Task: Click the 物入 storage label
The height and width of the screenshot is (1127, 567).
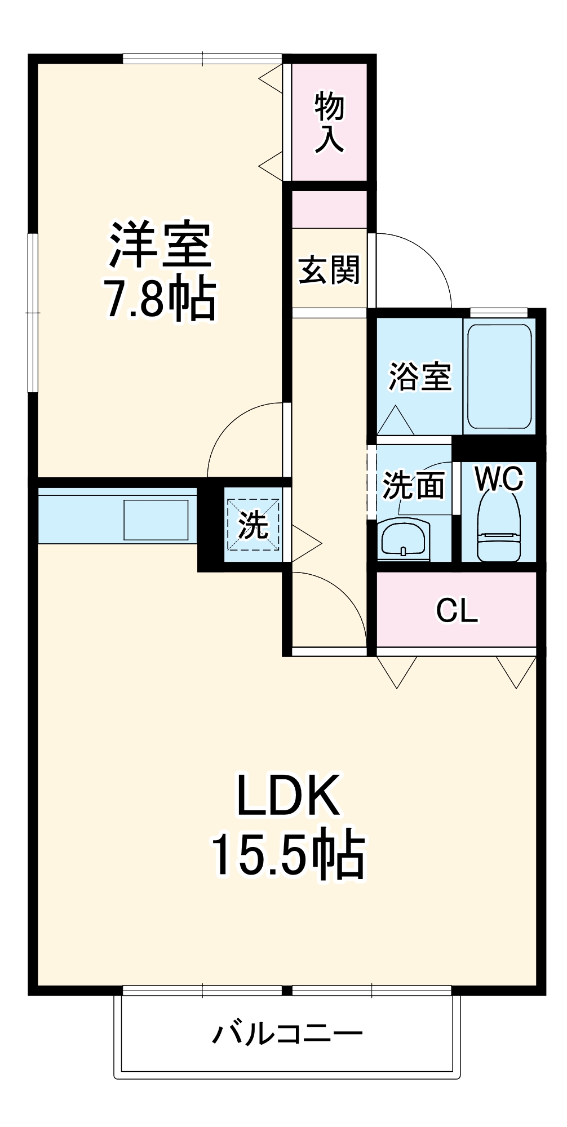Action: click(329, 122)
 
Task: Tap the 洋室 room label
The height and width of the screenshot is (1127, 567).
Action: click(161, 246)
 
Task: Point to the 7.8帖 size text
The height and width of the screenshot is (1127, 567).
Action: click(161, 299)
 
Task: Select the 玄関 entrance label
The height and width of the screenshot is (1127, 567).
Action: click(329, 270)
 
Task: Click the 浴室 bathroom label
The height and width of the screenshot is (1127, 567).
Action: click(420, 376)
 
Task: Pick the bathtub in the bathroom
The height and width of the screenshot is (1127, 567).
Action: click(499, 376)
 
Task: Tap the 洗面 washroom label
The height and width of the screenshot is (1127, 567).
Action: click(413, 485)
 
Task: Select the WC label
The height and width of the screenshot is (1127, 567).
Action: click(499, 478)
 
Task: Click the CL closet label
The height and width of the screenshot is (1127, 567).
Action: click(457, 610)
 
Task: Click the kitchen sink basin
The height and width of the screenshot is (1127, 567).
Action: click(156, 520)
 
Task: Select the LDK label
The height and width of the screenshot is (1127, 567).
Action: click(288, 795)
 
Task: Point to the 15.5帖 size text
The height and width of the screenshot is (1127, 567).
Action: click(288, 853)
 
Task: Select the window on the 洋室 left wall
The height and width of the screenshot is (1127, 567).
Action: click(34, 313)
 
